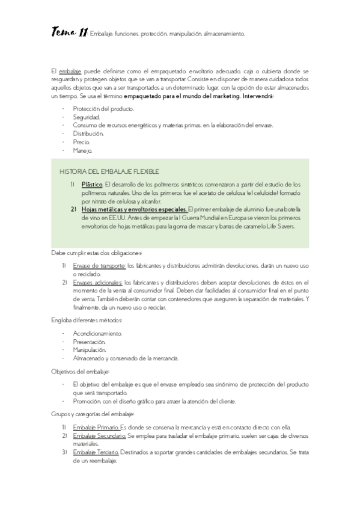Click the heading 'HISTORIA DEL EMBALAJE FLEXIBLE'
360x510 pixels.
coord(109,171)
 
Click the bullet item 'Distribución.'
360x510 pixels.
coord(88,134)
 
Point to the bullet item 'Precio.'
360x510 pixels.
coord(81,142)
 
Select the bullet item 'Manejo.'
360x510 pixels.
coord(82,150)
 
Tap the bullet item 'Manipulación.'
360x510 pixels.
coord(90,349)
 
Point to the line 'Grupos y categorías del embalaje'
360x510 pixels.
coord(93,414)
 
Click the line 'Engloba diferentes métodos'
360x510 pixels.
coord(87,320)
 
